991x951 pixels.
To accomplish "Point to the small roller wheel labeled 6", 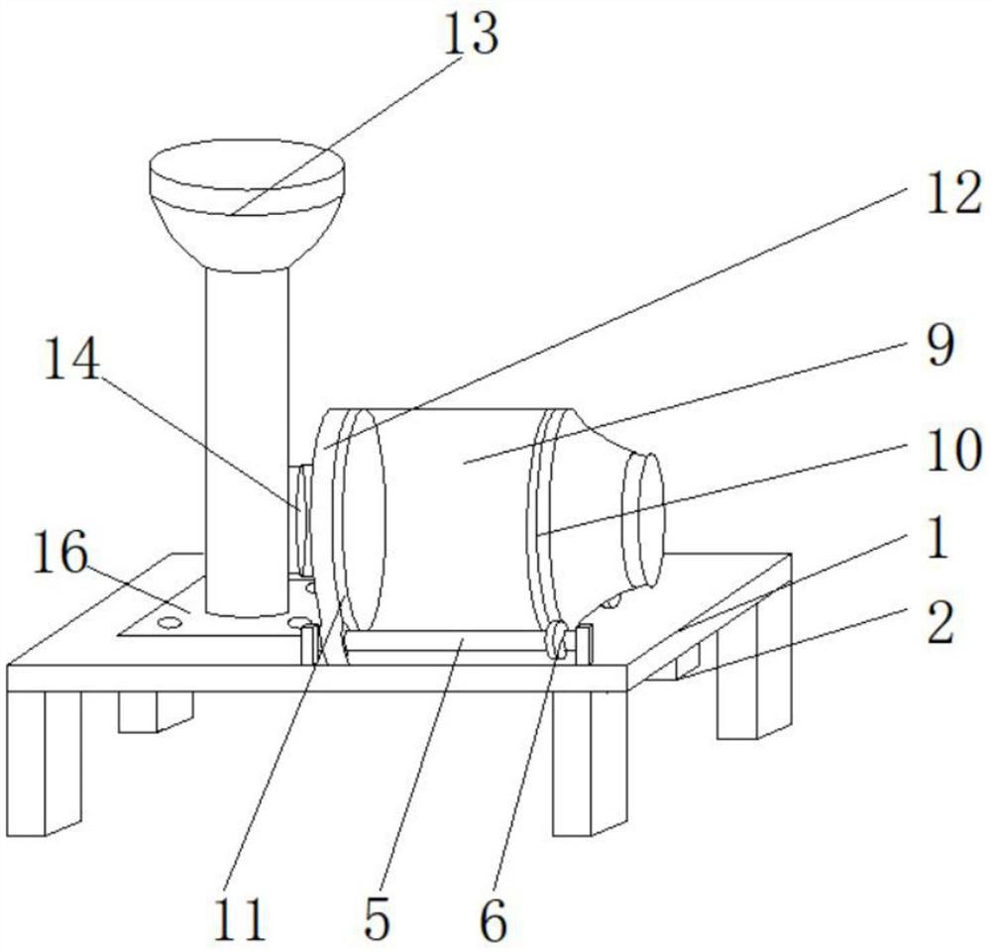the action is (557, 639).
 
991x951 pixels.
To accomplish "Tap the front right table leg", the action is (591, 758).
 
